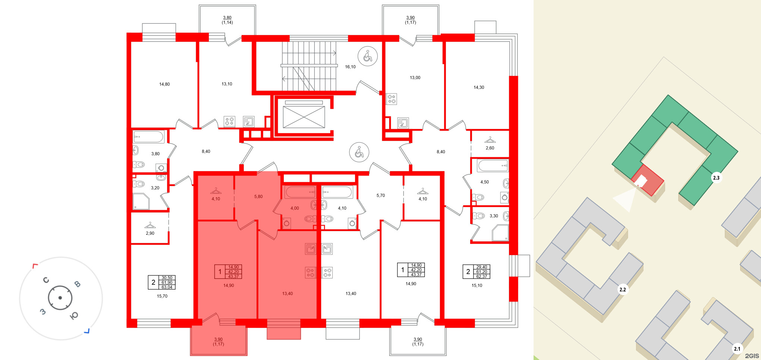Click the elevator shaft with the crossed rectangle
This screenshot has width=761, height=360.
pos(304,117)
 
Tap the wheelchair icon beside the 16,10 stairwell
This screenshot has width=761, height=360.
pos(368,56)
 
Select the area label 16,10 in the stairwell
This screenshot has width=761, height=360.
pos(350,67)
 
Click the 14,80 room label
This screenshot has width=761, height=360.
pos(164,84)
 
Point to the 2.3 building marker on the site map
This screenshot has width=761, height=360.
pos(716,178)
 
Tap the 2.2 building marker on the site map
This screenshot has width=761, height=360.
pos(623,290)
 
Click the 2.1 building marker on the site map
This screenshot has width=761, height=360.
pos(737,349)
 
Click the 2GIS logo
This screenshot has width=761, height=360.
pos(752,356)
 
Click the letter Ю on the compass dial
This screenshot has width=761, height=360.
pos(74,316)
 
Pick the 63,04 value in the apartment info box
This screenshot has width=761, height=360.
pos(167,287)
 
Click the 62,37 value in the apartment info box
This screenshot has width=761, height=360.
pos(482,277)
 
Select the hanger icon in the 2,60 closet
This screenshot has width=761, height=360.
pos(490,140)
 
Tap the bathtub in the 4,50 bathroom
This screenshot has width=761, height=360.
pos(493,165)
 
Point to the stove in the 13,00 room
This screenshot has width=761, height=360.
pos(391,99)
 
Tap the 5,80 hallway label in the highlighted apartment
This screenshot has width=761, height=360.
pos(258,196)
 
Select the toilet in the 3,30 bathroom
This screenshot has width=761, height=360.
pos(479,216)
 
